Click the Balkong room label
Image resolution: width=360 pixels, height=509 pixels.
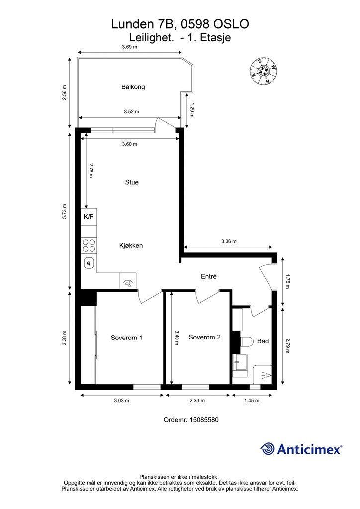[133, 87]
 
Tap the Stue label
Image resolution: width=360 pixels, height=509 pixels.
[132, 182]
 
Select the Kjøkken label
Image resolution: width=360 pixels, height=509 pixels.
[131, 246]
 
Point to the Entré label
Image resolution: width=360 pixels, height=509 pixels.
[209, 276]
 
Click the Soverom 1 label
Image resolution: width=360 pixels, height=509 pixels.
[127, 338]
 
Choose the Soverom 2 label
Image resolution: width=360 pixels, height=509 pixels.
[204, 338]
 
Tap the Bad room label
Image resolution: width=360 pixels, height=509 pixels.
[263, 341]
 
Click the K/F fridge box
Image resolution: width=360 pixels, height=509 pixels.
[89, 217]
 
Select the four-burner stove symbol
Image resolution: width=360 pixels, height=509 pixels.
[89, 246]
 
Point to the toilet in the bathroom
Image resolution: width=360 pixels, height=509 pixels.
[247, 342]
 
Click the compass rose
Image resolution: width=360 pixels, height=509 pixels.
[263, 71]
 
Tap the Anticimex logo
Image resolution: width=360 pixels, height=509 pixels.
[301, 449]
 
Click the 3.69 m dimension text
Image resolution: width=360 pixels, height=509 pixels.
[129, 47]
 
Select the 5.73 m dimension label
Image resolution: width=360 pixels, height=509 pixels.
[64, 211]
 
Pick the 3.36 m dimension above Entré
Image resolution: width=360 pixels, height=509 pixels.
[229, 241]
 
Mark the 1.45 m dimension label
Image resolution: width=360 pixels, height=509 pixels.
[252, 401]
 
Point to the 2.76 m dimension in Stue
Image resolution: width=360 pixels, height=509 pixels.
[91, 170]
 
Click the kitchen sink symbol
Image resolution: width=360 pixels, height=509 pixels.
[89, 262]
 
